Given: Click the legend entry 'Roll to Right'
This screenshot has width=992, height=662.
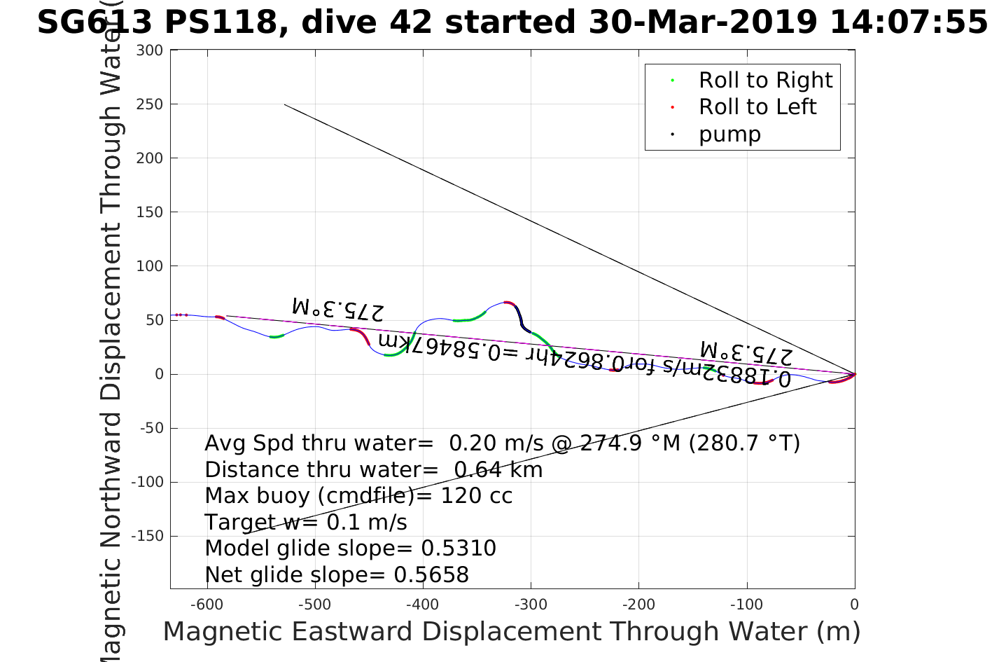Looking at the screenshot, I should click(765, 81).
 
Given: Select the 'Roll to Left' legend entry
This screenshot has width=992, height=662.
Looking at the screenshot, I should click(757, 107).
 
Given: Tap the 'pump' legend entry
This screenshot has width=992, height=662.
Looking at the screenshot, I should click(729, 135).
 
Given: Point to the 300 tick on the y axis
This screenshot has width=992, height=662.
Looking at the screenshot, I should click(150, 50).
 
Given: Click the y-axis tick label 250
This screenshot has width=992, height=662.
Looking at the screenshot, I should click(150, 104).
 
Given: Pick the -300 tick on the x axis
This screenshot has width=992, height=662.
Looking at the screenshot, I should click(531, 605).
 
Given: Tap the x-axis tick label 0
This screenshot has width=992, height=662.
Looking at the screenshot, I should click(854, 605).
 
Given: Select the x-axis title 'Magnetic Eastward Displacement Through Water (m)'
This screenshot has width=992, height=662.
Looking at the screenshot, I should click(511, 632).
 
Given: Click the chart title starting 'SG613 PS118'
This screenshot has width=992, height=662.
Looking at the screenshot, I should click(512, 22).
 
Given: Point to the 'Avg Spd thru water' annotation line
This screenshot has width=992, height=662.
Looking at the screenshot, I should click(502, 443).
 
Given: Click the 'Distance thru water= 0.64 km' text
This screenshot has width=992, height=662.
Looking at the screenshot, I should click(373, 470).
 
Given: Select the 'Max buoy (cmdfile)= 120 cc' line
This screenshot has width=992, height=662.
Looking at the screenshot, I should click(358, 496).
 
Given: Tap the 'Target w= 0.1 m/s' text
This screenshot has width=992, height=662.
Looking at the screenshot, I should click(305, 523).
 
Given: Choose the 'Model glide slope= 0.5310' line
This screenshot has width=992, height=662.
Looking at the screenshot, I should click(350, 549).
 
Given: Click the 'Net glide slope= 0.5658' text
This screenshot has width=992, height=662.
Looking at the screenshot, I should click(337, 575).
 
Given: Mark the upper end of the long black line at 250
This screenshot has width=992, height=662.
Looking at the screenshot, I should click(285, 104).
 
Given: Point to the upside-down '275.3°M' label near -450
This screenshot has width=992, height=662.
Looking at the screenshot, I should click(337, 309).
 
